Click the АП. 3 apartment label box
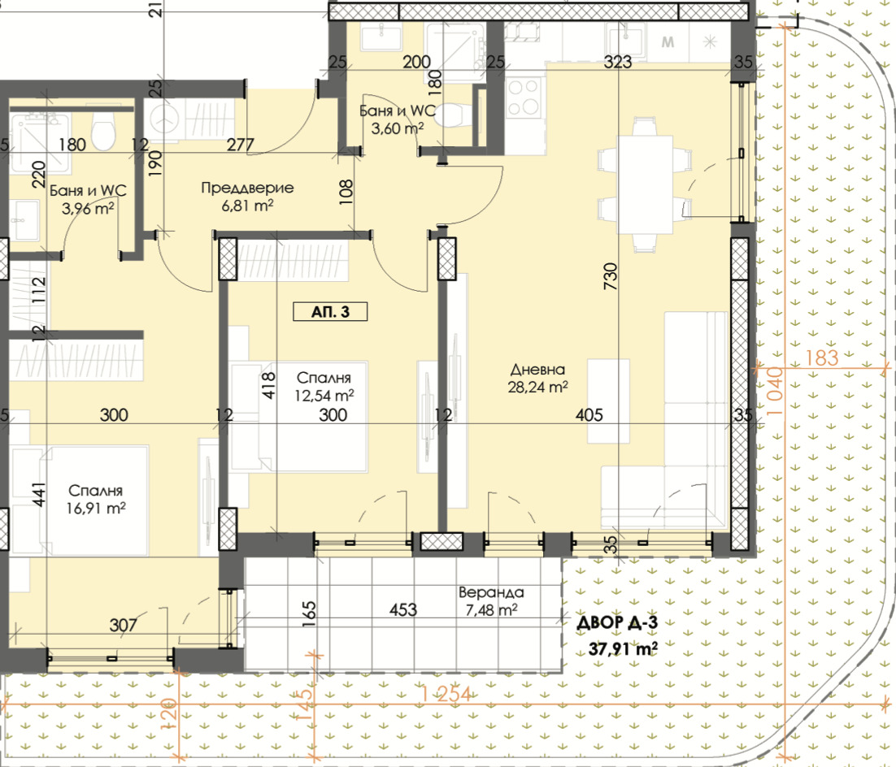330,312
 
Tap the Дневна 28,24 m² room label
537,378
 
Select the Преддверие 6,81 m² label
247,196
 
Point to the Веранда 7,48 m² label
491,601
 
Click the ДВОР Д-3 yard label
617,622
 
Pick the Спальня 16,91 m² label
95,499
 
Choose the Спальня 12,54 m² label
324,387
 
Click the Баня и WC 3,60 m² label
397,119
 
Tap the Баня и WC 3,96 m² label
88,199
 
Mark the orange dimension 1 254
446,694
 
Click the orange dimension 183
822,358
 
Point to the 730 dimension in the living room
611,276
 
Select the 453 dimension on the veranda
402,610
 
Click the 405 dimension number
589,414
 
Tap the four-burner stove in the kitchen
524,98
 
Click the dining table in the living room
645,184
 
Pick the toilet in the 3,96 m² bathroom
103,133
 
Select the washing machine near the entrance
164,120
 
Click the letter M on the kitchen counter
668,41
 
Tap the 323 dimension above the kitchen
618,62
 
